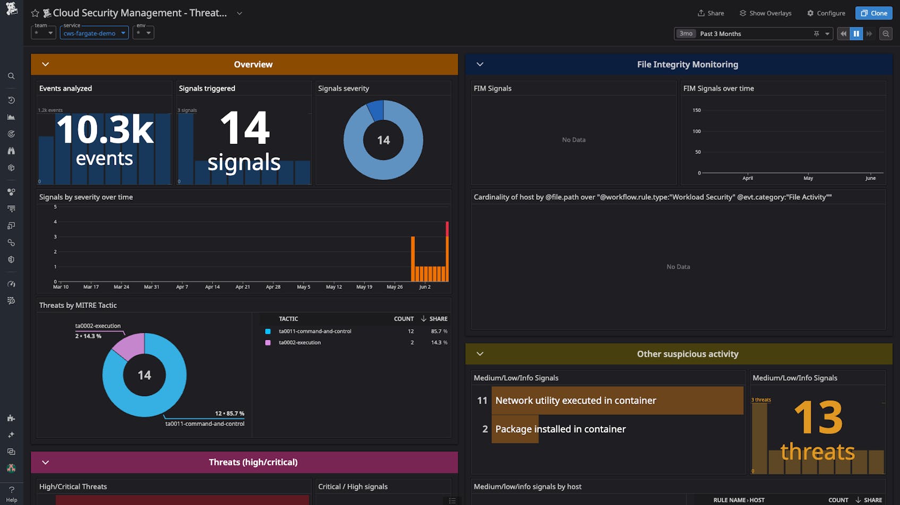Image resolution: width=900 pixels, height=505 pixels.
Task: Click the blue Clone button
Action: point(873,13)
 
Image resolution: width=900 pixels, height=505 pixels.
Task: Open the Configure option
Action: point(826,13)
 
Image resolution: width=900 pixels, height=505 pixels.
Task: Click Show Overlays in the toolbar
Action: point(765,13)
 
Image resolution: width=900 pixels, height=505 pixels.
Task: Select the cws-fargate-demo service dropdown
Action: point(94,33)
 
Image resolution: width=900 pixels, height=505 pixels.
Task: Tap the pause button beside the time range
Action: point(856,33)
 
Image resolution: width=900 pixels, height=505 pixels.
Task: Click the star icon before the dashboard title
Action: point(35,13)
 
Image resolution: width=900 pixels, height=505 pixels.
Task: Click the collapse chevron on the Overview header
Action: point(46,64)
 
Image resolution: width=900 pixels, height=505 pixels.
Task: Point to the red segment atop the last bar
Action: point(447,229)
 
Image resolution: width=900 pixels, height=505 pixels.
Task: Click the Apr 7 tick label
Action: point(182,287)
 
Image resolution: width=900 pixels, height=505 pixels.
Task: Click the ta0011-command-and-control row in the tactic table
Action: point(315,331)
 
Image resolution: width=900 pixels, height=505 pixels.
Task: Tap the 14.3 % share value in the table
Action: point(439,343)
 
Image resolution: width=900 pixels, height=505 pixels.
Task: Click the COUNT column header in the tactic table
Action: point(403,319)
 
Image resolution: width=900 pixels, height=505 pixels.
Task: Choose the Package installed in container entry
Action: point(560,429)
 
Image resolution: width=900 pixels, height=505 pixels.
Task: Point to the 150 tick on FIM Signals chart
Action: point(697,110)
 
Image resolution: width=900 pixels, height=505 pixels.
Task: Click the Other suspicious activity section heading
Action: point(687,354)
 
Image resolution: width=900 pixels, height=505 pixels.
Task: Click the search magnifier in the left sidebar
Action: point(11,76)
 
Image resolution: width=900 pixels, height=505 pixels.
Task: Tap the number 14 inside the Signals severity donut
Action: point(383,140)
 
